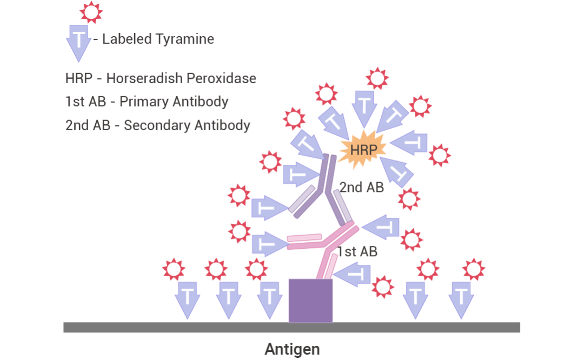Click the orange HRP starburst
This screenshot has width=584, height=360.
pos(362,149)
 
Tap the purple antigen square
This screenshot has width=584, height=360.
pos(310,301)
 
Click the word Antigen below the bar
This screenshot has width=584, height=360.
pos(292,349)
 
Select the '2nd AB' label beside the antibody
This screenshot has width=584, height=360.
pos(362,188)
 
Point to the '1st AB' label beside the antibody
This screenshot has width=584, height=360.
pos(357,251)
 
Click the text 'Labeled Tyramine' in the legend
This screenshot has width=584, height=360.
pos(158,39)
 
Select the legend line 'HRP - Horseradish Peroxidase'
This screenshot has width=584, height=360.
pos(161,78)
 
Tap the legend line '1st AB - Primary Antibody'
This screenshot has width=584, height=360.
pos(147,102)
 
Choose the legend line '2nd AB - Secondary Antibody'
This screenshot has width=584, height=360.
pos(157,125)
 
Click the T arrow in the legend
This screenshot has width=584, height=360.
pos(79,41)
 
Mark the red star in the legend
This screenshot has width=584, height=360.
pos(90,11)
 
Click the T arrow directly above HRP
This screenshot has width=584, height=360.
pos(365,106)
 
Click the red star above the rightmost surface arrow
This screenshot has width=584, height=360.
pos(474,269)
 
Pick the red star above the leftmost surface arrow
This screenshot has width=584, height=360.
pos(174,269)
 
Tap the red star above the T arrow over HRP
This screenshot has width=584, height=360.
pos(377,78)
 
